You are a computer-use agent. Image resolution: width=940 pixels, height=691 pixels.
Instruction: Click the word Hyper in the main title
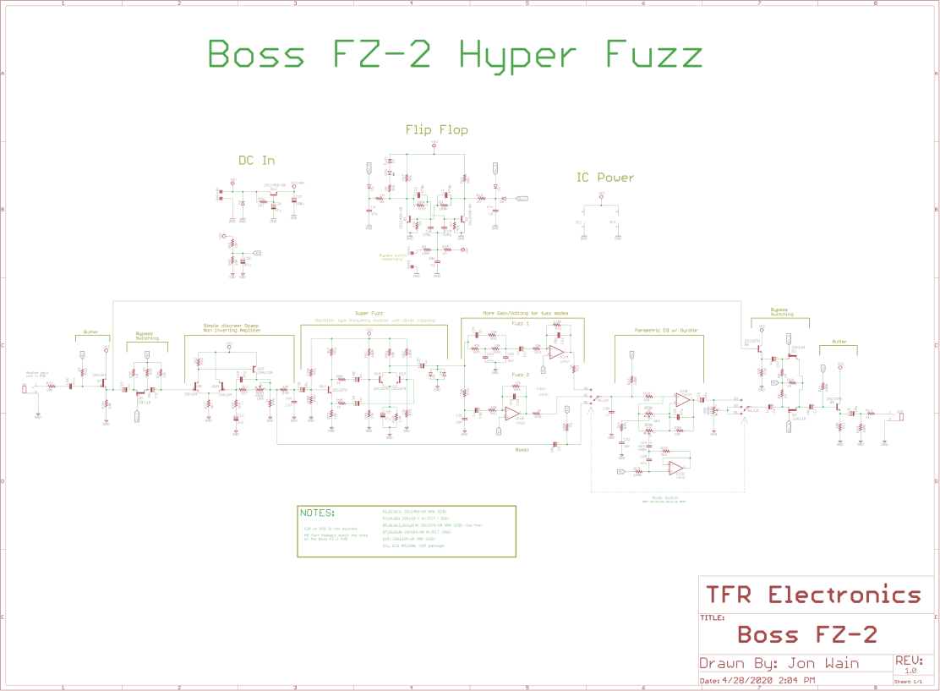coord(517,56)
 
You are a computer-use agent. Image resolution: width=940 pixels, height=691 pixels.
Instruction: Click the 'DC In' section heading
coord(256,161)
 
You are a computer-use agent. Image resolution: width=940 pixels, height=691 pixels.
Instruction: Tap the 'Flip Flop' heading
coord(436,129)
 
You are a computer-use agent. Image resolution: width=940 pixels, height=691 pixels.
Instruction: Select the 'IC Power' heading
coord(605,178)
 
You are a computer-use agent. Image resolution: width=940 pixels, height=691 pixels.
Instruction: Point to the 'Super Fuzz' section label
coord(370,313)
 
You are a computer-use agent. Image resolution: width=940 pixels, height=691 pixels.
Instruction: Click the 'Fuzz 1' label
coord(521,324)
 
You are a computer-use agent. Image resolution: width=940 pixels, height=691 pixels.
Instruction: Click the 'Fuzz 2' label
coord(521,374)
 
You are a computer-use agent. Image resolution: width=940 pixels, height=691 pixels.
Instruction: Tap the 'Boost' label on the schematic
coord(522,450)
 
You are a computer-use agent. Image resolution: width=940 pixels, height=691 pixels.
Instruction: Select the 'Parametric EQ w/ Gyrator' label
coord(667,330)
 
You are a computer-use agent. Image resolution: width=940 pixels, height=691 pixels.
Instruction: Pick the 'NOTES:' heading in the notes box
coord(318,513)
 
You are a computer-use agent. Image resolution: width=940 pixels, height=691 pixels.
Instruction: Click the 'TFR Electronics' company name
coord(813,595)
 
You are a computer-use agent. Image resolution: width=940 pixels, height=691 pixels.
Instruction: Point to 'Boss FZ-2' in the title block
coord(807,634)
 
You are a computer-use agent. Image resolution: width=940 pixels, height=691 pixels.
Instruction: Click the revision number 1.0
coord(904,670)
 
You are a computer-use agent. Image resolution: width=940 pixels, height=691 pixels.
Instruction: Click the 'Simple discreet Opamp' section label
coord(232,325)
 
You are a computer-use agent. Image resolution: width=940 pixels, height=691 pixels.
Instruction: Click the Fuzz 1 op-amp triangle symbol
coord(556,351)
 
